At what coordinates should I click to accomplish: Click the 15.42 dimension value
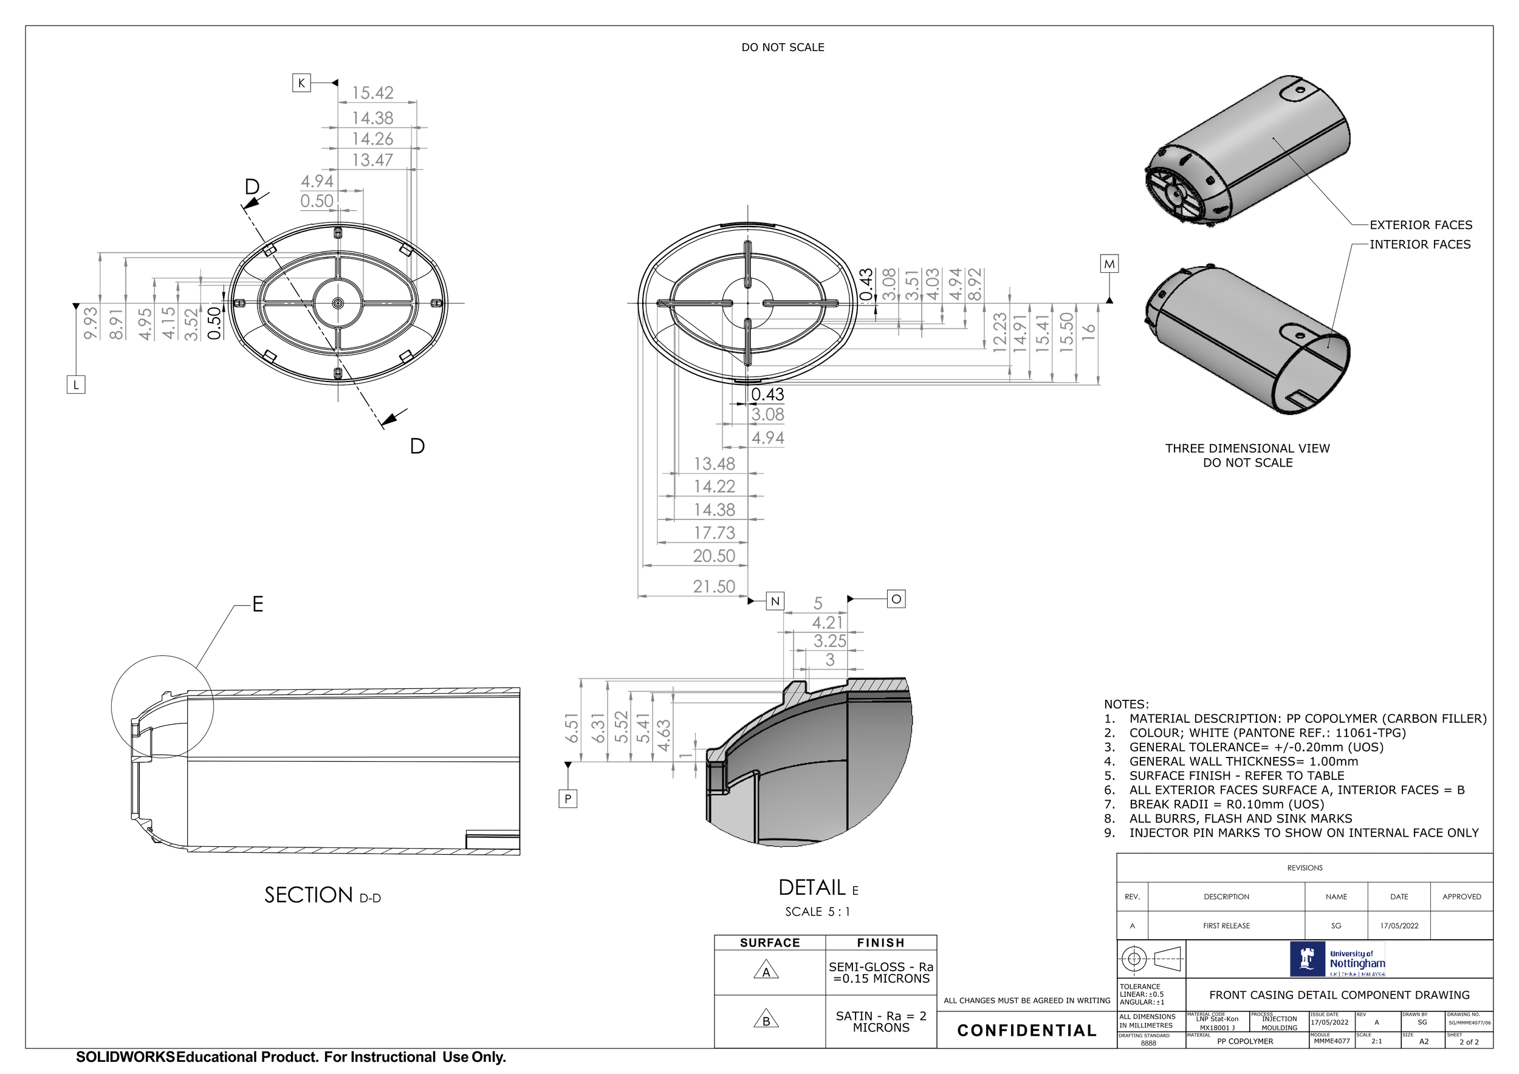click(x=372, y=92)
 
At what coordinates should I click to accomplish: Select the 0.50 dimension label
click(x=317, y=201)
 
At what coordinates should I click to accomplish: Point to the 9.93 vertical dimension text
click(x=91, y=323)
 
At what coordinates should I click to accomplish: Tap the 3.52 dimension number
click(x=191, y=324)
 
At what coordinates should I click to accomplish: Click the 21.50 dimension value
click(x=714, y=587)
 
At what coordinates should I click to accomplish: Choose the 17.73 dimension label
click(x=714, y=533)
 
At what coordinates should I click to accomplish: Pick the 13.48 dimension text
click(x=714, y=463)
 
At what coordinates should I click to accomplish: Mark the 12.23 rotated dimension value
click(x=1000, y=332)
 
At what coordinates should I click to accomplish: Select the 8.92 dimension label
click(x=975, y=284)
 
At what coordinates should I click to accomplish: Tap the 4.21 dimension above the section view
click(x=828, y=623)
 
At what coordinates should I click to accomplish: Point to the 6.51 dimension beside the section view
click(x=572, y=728)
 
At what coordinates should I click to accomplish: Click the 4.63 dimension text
click(x=663, y=736)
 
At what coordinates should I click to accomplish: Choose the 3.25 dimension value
click(x=829, y=641)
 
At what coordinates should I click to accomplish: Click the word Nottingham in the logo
click(x=1357, y=963)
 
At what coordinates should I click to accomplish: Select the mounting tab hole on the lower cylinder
click(x=1300, y=335)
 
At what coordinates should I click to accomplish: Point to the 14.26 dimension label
click(x=372, y=139)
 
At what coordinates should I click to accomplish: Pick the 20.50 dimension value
click(x=714, y=556)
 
